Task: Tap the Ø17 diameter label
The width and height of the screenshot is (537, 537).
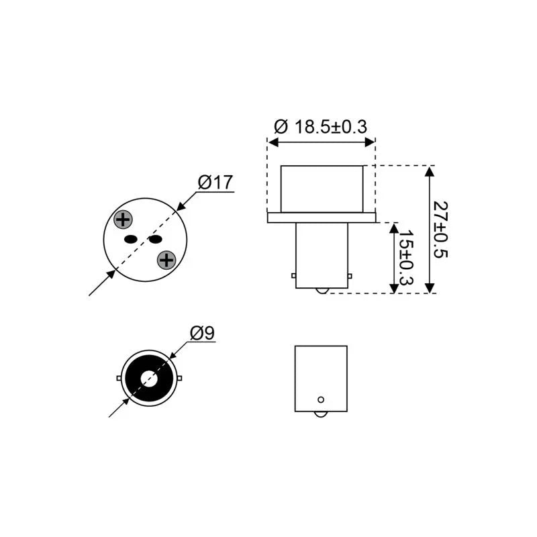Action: [215, 182]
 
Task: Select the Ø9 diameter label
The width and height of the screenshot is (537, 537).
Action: [202, 332]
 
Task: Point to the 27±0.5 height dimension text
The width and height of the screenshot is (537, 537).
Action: [440, 229]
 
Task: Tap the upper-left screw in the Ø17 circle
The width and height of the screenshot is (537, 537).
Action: [123, 219]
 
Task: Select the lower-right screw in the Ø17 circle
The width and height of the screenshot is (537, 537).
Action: [166, 259]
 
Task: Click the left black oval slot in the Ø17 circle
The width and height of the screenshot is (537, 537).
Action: [131, 239]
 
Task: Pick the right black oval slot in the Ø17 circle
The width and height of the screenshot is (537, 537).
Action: [155, 239]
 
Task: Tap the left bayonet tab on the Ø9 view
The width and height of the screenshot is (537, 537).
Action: [119, 379]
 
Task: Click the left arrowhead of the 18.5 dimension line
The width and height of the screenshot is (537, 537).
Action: [272, 142]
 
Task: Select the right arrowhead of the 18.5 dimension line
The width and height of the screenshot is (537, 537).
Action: [370, 142]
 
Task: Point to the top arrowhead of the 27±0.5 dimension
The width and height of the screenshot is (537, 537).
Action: [430, 170]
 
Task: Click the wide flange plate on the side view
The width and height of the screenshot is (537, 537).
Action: [322, 217]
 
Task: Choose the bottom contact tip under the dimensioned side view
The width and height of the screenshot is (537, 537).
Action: [322, 291]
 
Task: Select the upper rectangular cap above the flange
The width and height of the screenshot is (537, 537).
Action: [322, 189]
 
